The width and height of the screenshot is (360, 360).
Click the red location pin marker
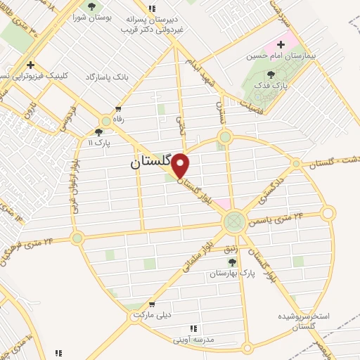coord(181,166)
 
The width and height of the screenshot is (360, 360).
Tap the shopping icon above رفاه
coord(118,109)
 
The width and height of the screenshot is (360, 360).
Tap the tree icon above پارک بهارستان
coord(232,262)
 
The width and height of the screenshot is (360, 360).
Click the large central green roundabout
coord(234,222)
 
